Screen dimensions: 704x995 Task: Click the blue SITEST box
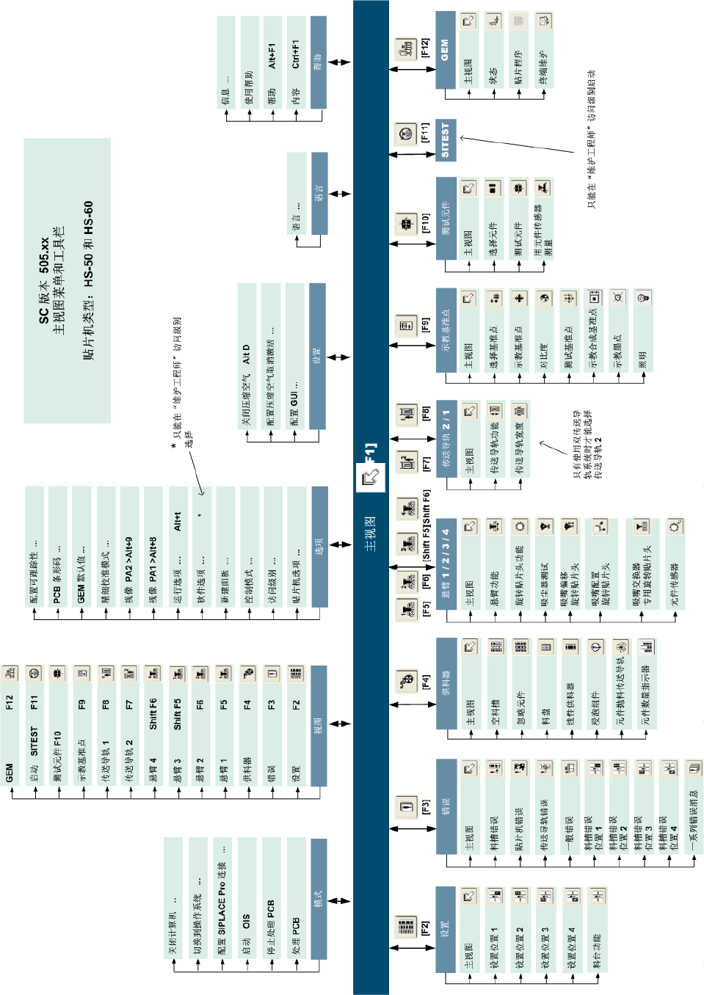446,140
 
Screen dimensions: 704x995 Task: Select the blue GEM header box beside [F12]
446,50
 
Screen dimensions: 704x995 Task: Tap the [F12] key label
425,48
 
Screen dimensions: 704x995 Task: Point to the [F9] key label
425,325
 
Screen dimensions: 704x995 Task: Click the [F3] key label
425,807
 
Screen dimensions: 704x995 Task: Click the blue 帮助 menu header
318,62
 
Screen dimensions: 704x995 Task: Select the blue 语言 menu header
319,193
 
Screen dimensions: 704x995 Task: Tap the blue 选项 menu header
319,546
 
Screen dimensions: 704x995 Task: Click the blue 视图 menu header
319,726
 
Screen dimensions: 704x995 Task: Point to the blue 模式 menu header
319,899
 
